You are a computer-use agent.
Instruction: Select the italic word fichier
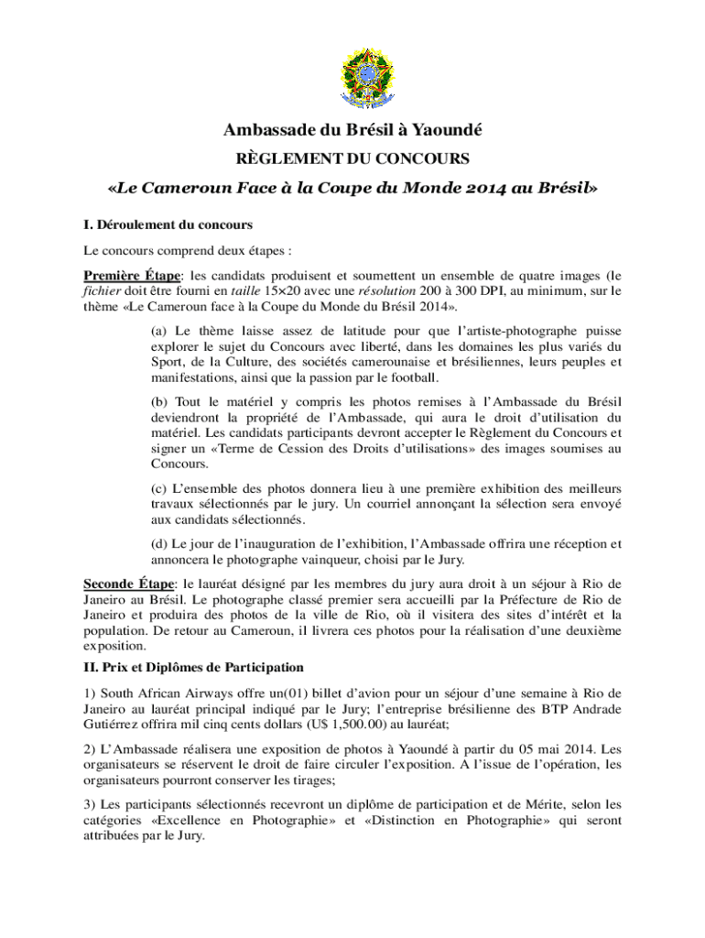[x=102, y=290]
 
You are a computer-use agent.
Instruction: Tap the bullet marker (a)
[x=158, y=331]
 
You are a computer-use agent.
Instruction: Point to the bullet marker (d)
[x=159, y=543]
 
